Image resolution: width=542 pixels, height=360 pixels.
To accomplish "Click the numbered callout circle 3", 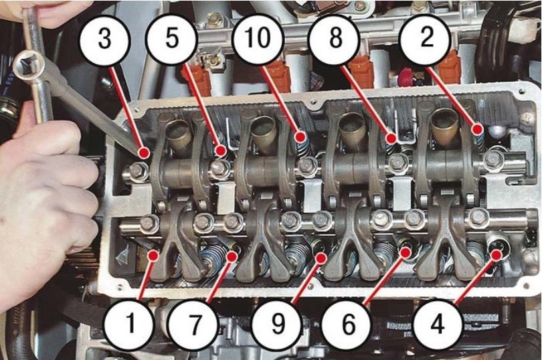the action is pyautogui.click(x=105, y=38).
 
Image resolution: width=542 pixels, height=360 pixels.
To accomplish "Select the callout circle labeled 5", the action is pyautogui.click(x=172, y=37).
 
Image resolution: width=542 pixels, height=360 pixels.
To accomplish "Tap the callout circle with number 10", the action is pyautogui.click(x=258, y=38).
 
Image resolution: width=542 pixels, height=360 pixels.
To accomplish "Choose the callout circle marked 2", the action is pyautogui.click(x=426, y=38).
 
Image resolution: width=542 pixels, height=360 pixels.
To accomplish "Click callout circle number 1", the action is pyautogui.click(x=130, y=324).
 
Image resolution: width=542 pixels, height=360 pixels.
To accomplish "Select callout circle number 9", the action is pyautogui.click(x=278, y=325).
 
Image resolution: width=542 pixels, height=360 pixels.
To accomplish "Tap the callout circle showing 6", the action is pyautogui.click(x=349, y=325).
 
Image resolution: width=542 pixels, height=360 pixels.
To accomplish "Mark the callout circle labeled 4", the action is pyautogui.click(x=437, y=325).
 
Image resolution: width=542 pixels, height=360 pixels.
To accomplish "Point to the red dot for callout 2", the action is pyautogui.click(x=478, y=130).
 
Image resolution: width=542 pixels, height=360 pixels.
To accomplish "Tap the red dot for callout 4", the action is pyautogui.click(x=496, y=255).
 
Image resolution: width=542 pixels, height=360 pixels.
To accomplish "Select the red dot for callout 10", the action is pyautogui.click(x=300, y=137).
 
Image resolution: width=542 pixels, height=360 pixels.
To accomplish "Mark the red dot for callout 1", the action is pyautogui.click(x=153, y=256).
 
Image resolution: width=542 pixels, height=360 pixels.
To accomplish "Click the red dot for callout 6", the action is pyautogui.click(x=405, y=253).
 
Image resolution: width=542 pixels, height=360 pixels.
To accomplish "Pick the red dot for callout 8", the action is pyautogui.click(x=391, y=139).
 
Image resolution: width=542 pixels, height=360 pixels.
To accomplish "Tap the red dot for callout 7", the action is pyautogui.click(x=232, y=256).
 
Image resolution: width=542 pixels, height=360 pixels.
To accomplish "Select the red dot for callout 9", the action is pyautogui.click(x=321, y=258).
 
